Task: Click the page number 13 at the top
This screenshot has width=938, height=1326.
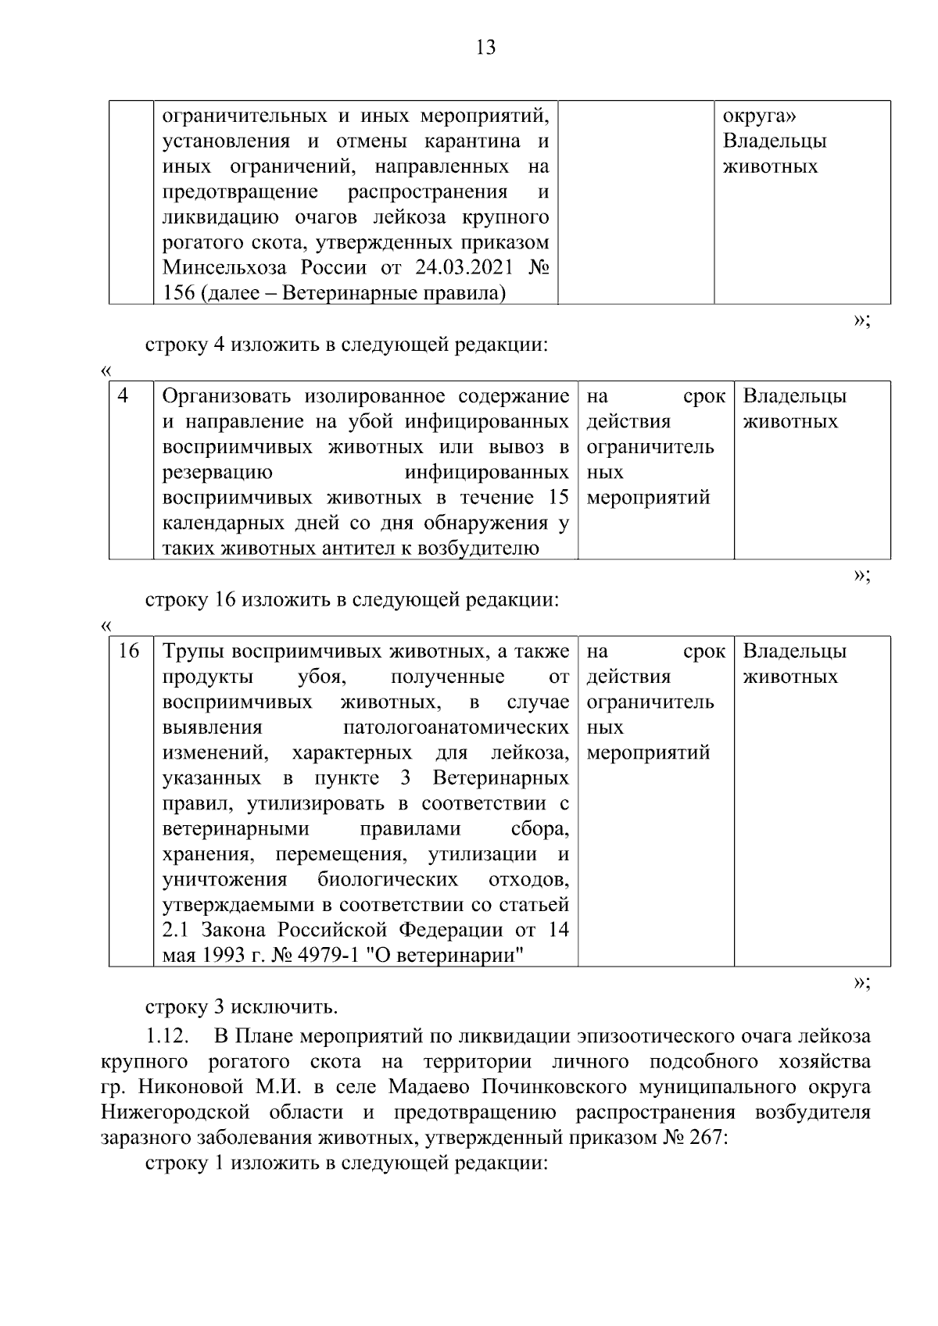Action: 485,48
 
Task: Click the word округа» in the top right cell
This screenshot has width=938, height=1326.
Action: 760,116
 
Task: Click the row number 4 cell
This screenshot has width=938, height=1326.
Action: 123,396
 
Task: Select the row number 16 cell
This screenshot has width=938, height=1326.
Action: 128,651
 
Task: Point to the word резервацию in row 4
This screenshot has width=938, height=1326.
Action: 217,472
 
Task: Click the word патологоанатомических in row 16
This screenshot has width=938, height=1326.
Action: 456,727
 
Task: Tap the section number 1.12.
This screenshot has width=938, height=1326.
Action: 166,1037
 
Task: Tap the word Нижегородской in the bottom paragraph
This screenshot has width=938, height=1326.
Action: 175,1112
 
